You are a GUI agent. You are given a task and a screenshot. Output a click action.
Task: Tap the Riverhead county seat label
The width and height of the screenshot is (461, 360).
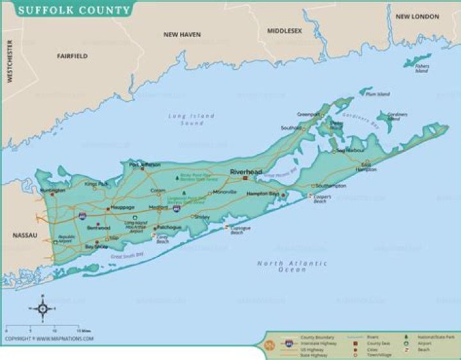tap(244, 172)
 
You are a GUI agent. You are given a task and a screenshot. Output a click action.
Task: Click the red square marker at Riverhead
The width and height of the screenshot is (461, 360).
tap(245, 179)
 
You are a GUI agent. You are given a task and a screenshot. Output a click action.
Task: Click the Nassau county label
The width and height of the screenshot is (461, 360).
tap(25, 236)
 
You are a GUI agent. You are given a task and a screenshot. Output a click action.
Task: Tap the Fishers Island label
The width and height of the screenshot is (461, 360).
tap(422, 68)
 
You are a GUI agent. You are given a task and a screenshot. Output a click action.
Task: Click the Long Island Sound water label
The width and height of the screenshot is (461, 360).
tap(191, 119)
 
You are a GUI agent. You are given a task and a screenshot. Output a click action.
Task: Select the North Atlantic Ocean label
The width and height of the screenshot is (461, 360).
tap(292, 266)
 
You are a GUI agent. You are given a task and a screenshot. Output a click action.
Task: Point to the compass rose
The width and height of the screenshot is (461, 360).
tap(43, 309)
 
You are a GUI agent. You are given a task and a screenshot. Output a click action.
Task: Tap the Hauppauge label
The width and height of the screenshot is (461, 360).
tap(122, 208)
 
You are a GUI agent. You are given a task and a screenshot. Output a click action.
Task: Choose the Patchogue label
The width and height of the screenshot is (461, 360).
tap(170, 227)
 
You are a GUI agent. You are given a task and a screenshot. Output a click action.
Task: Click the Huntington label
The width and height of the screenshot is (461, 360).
tap(52, 190)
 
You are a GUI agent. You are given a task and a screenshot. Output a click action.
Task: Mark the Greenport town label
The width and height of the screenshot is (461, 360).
tap(308, 114)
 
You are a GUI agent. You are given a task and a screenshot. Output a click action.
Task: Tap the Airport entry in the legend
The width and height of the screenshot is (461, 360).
tap(424, 343)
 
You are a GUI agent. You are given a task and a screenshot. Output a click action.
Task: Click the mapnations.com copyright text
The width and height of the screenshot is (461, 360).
tap(49, 338)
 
